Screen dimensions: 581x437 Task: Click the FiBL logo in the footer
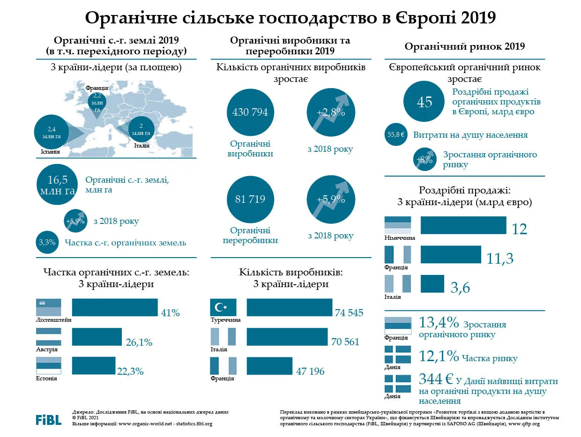[x=48, y=420]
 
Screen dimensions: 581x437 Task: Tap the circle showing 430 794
[x=250, y=112]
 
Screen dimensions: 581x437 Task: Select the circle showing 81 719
[x=250, y=199]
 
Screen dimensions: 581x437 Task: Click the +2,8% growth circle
[x=331, y=112]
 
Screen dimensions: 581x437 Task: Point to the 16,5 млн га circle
[x=57, y=185]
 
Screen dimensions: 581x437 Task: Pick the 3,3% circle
[x=47, y=242]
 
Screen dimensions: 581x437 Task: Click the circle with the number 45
[x=424, y=101]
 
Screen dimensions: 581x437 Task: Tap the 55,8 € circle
[x=396, y=134]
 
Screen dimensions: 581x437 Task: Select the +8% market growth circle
[x=425, y=159]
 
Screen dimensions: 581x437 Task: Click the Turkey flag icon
[x=223, y=307]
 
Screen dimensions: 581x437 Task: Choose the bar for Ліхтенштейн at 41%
[x=115, y=307]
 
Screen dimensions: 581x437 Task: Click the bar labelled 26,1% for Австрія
[x=97, y=337]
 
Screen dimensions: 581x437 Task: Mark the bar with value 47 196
[x=270, y=366]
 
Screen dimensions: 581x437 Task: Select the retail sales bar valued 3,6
[x=432, y=284]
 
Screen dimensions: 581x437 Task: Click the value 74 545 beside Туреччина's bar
[x=349, y=313]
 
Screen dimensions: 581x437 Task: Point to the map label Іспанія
[x=50, y=152]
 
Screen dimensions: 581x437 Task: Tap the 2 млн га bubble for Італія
[x=141, y=129]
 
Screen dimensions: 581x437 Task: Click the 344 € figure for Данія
[x=436, y=379]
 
